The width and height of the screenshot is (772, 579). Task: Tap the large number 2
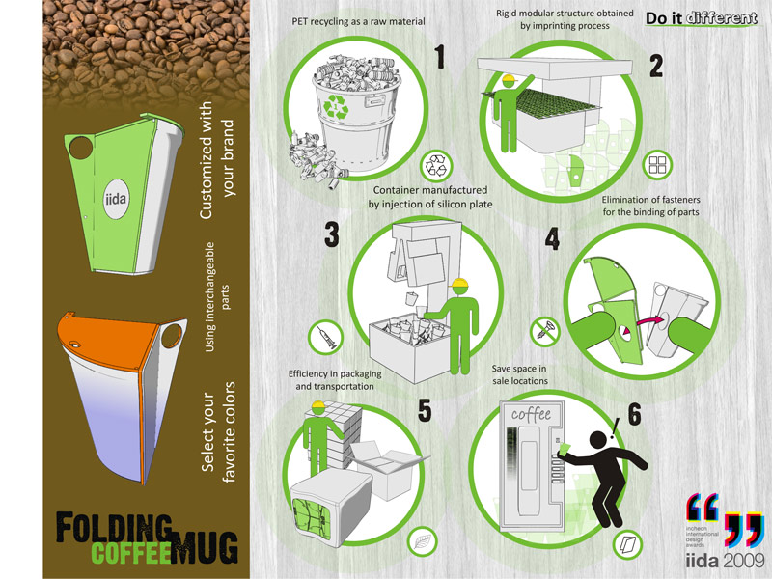click(x=655, y=64)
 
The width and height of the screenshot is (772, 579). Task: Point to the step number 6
click(x=634, y=415)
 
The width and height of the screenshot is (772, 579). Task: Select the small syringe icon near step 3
click(x=322, y=338)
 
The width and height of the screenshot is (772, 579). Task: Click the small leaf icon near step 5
click(x=422, y=540)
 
